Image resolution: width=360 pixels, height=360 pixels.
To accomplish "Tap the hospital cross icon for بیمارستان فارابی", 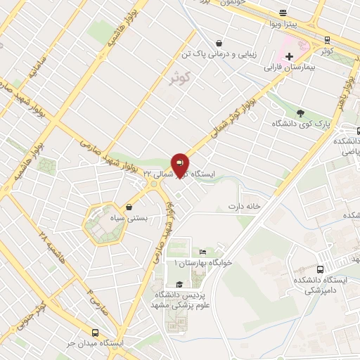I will [289, 56].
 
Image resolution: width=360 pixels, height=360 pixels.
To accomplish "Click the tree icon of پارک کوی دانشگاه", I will [301, 112].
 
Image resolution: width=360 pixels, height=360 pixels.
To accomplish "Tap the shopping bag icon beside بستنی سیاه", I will [129, 207].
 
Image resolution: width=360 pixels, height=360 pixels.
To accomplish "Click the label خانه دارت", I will [243, 206].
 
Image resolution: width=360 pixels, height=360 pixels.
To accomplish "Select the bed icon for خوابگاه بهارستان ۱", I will [202, 252].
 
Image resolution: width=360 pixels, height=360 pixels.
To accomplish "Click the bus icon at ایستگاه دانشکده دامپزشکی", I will [321, 269].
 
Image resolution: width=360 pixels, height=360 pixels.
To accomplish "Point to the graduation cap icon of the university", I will [179, 284].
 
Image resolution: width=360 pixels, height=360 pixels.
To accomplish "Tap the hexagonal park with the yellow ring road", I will [99, 224].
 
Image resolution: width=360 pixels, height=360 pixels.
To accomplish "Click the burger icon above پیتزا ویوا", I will [283, 13].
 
